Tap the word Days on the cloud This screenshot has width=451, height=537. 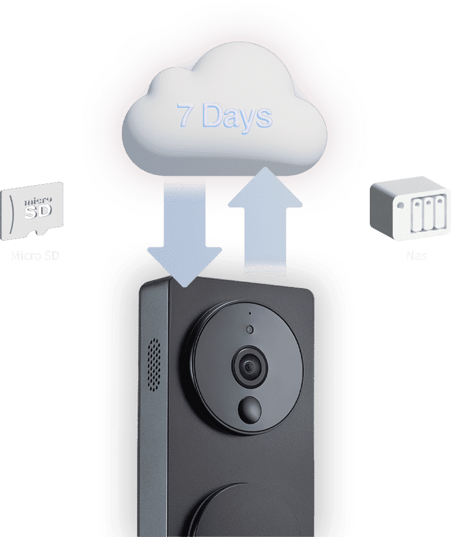click(236, 116)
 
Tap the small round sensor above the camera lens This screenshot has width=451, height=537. click(250, 329)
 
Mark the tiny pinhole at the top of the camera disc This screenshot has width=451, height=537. click(250, 313)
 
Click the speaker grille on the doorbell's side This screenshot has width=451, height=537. click(154, 364)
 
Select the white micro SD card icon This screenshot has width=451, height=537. click(33, 211)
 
